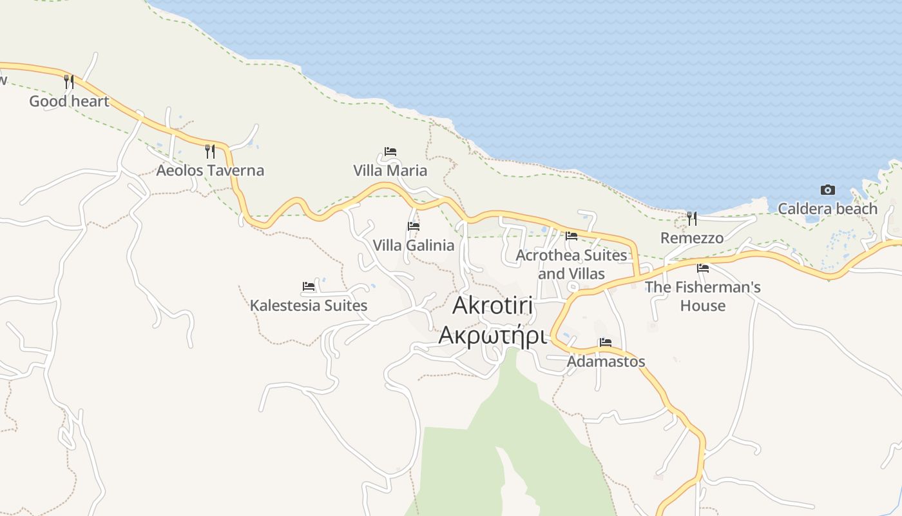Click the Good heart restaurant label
(69, 101)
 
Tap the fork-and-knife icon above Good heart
(69, 82)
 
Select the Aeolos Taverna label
(210, 170)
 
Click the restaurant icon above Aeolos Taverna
(210, 152)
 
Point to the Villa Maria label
(390, 170)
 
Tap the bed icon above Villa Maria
(390, 152)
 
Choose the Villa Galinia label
(413, 245)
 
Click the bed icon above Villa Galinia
(414, 226)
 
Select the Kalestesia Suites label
(309, 305)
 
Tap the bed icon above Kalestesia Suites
(309, 286)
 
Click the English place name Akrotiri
(492, 305)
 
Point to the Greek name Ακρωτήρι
(492, 335)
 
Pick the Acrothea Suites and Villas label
(571, 264)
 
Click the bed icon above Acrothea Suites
(571, 236)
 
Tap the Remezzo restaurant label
(692, 238)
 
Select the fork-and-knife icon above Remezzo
(692, 219)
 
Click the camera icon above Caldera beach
(828, 190)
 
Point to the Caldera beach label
(827, 208)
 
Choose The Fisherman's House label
(703, 296)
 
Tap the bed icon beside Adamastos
(606, 342)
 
